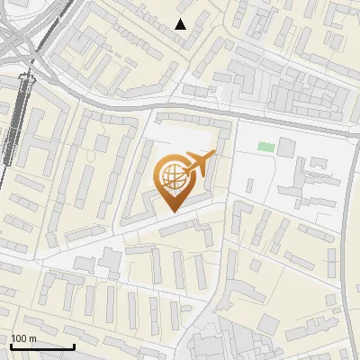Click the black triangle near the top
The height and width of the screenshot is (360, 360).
[181, 24]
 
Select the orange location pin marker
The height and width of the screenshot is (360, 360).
[174, 180]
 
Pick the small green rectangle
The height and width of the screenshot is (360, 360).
[265, 147]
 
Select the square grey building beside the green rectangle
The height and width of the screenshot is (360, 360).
[287, 147]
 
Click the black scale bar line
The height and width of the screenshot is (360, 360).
[42, 346]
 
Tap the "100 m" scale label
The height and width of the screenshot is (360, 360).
[24, 338]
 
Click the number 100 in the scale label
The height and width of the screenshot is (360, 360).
[20, 338]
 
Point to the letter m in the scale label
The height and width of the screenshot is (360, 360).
[32, 338]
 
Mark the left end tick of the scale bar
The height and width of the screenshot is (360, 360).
[11, 345]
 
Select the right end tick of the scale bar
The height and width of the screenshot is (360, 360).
[74, 345]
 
